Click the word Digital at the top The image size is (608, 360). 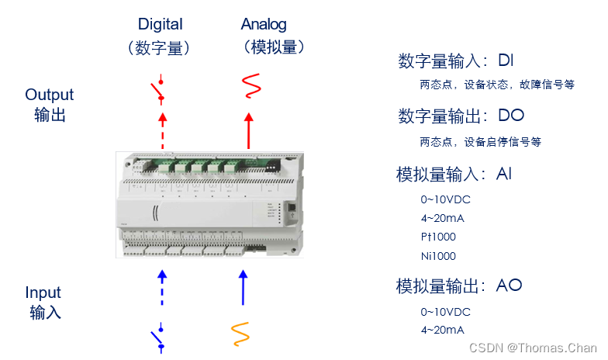tap(160, 25)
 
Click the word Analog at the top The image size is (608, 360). tap(264, 25)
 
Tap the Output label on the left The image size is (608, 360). tap(50, 95)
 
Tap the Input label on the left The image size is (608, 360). tap(43, 293)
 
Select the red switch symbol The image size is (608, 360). tap(158, 90)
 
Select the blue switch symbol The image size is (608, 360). tap(157, 338)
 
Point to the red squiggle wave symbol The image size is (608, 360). tap(251, 85)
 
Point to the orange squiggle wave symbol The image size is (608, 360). tap(240, 334)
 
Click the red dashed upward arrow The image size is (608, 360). tap(163, 130)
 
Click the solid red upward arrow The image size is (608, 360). tap(249, 130)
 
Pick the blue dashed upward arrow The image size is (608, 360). tap(162, 288)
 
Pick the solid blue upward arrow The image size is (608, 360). tap(244, 288)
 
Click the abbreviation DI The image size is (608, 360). tap(506, 61)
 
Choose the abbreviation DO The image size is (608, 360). tap(511, 115)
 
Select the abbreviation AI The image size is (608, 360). tap(504, 174)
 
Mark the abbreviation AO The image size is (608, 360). tap(509, 286)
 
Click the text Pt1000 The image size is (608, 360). tap(438, 237)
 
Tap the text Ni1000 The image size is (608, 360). tap(438, 256)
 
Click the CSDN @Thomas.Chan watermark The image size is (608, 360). tap(533, 348)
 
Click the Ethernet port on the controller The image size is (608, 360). tap(292, 208)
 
